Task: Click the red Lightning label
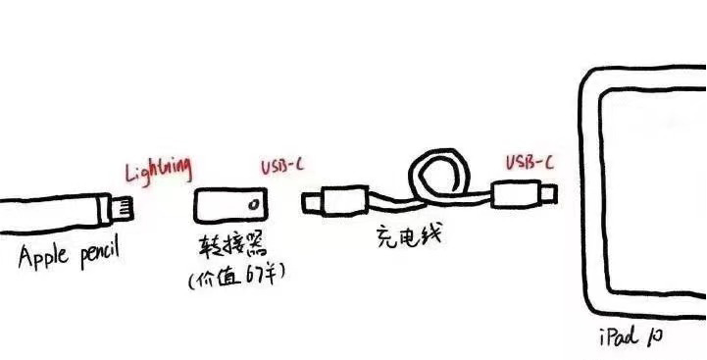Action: [157, 172]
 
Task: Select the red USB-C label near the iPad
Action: [529, 163]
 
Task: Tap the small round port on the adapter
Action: [255, 207]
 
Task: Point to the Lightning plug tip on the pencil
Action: [125, 209]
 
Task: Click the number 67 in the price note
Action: [257, 279]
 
